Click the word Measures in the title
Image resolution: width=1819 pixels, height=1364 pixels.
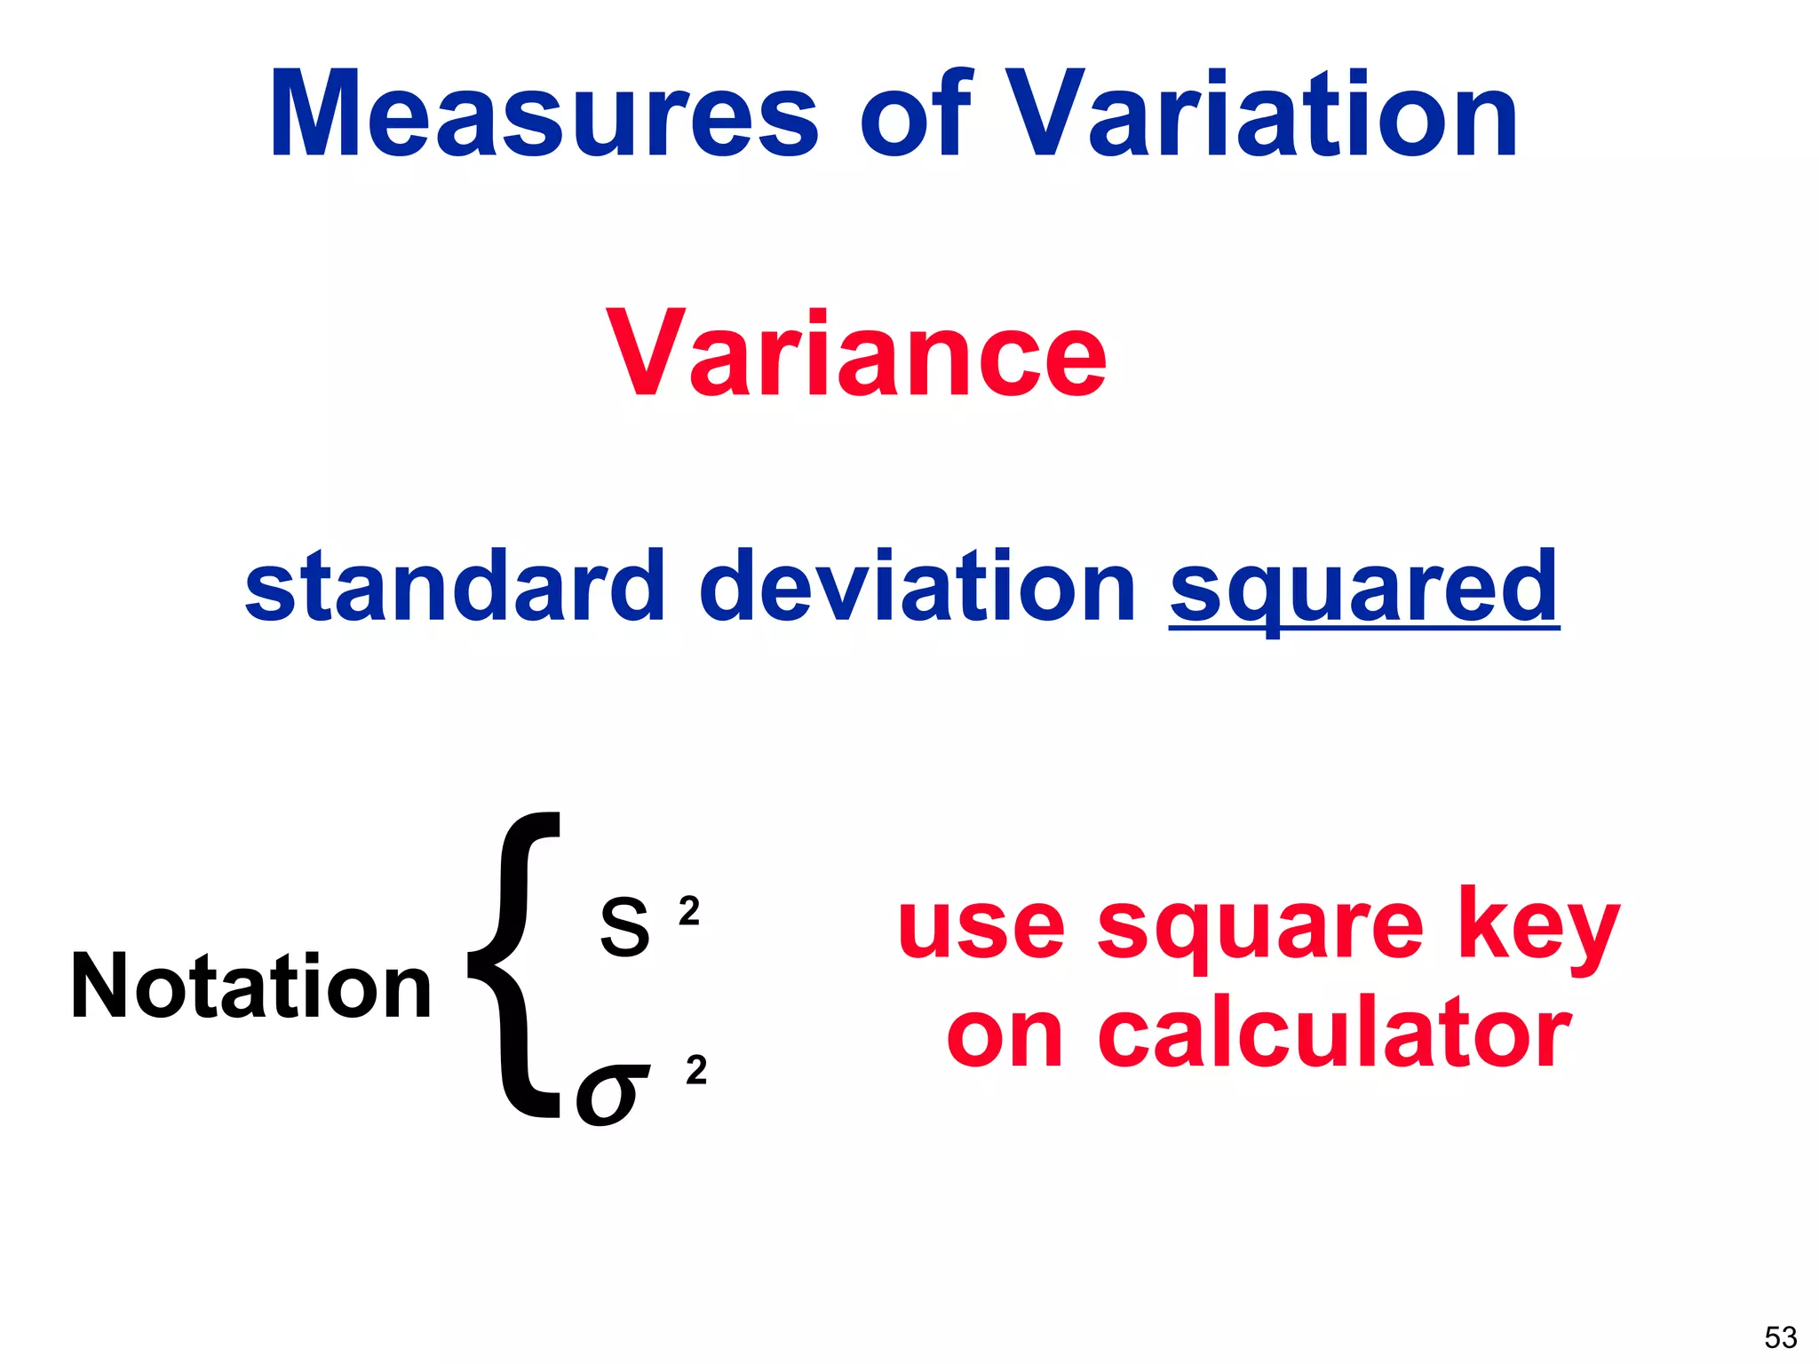pos(544,115)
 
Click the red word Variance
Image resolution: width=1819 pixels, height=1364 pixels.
pos(857,355)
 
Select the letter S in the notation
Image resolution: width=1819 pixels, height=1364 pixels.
pos(624,927)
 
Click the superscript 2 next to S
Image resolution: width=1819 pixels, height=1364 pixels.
pos(689,912)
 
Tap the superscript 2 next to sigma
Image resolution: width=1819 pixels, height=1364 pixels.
pos(696,1071)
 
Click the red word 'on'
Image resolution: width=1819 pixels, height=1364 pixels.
pos(1005,1035)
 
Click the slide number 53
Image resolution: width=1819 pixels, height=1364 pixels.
pos(1780,1336)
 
